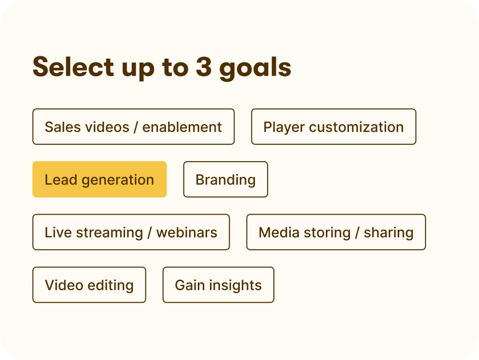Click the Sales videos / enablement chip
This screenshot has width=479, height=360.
coord(133,127)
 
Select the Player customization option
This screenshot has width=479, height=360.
coord(333,127)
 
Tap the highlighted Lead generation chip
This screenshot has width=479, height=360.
coord(99,180)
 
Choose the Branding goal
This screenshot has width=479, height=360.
coord(225,180)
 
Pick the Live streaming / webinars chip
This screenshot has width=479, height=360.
coord(131,232)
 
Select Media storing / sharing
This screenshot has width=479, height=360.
coord(336,232)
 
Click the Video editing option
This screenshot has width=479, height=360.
coord(89,285)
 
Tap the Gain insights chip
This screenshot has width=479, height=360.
coord(218,285)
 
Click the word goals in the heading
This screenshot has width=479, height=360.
coord(255,68)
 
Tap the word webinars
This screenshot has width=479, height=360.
coord(187,232)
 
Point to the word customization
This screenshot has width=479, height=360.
coord(356,127)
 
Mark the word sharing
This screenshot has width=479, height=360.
coord(388,232)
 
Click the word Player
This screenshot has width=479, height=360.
coord(284,127)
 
